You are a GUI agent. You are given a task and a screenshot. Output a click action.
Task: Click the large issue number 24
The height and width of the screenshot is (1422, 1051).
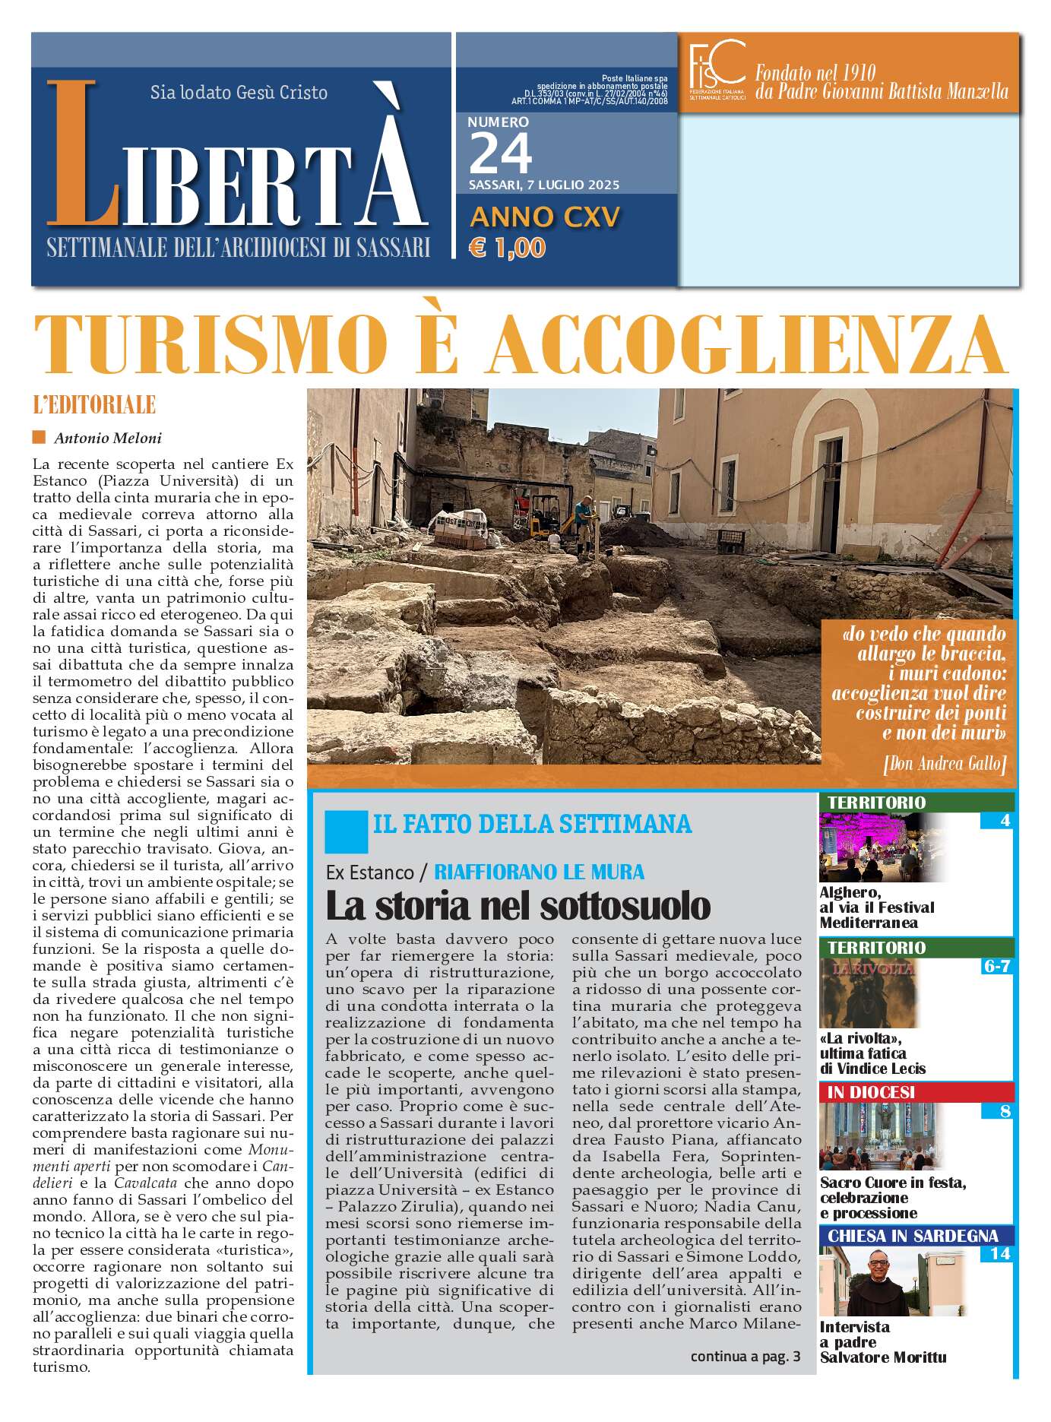coord(500,154)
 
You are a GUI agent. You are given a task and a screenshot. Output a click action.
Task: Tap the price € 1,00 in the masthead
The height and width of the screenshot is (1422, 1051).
coord(507,248)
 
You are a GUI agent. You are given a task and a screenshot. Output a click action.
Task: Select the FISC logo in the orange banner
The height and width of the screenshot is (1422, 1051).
coord(716,70)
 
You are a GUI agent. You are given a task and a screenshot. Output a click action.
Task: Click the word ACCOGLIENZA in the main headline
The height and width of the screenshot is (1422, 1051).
coord(747,343)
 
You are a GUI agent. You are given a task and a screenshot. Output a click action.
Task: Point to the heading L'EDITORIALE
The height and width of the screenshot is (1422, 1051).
coord(94,405)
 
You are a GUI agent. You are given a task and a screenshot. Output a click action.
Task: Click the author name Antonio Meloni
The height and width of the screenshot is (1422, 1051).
coord(108,438)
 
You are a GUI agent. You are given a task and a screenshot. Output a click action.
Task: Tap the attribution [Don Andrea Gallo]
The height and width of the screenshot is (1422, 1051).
coord(945,764)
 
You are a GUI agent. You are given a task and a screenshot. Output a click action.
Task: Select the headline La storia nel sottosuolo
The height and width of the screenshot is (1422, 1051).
coord(518,905)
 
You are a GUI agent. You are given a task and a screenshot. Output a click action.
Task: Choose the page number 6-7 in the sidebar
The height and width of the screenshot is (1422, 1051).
coord(996,966)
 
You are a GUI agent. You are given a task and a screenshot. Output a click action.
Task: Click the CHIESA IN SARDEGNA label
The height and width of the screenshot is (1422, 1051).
coord(912,1237)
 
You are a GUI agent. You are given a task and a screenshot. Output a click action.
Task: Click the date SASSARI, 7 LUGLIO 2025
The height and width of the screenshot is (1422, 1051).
coord(543,185)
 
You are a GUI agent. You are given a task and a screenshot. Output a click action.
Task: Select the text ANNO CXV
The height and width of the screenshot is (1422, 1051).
coord(545,217)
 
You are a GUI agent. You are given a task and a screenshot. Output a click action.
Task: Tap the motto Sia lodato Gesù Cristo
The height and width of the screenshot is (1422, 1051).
coord(239,93)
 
